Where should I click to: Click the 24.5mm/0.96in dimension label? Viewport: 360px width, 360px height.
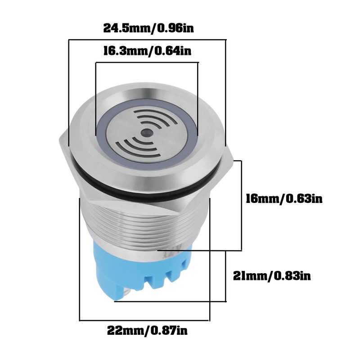click(x=149, y=28)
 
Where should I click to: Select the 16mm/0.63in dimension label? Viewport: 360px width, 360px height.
click(x=283, y=198)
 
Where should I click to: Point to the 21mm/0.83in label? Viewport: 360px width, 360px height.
click(x=272, y=275)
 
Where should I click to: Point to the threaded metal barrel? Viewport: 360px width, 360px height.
click(x=144, y=225)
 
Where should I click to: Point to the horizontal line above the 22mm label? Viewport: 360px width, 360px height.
click(x=144, y=320)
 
